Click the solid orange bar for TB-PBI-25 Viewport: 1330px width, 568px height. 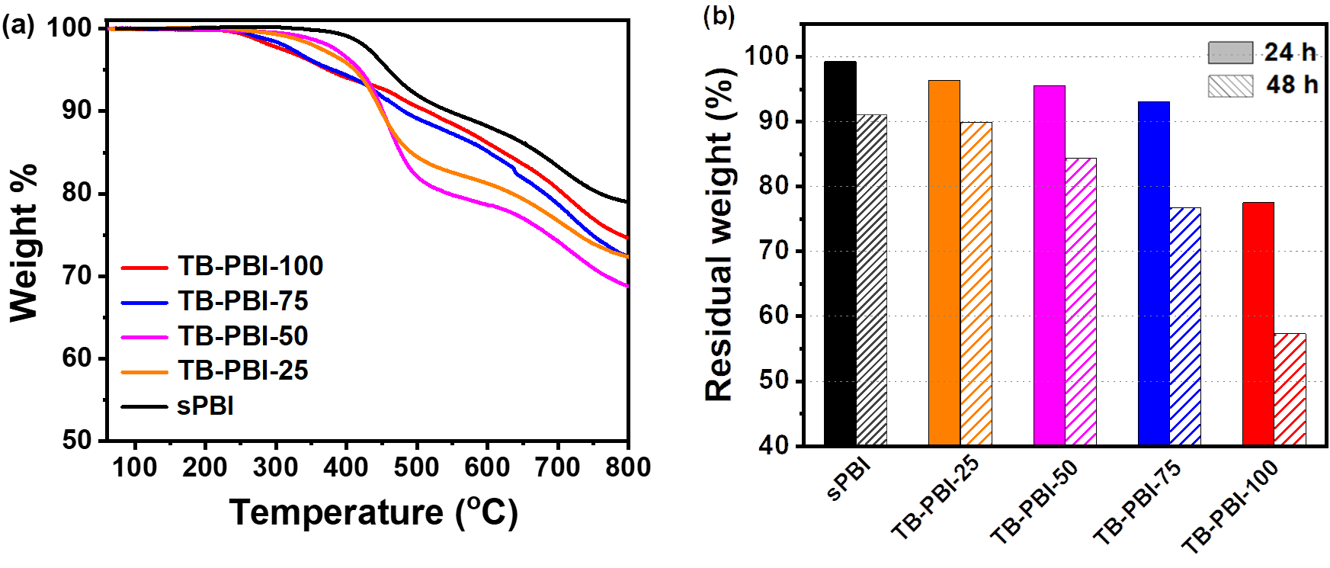(944, 263)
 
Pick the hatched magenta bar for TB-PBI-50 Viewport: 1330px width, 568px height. (1081, 302)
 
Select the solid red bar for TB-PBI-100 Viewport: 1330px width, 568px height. (1258, 323)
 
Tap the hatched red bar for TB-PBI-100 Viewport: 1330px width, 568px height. (1290, 389)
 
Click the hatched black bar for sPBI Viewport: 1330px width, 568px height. (872, 279)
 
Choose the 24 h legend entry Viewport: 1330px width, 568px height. (1262, 53)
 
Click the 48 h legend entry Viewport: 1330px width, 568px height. (1262, 85)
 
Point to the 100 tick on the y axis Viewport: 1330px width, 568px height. (767, 56)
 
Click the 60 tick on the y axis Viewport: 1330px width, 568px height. (773, 315)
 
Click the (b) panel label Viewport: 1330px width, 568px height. (719, 16)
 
